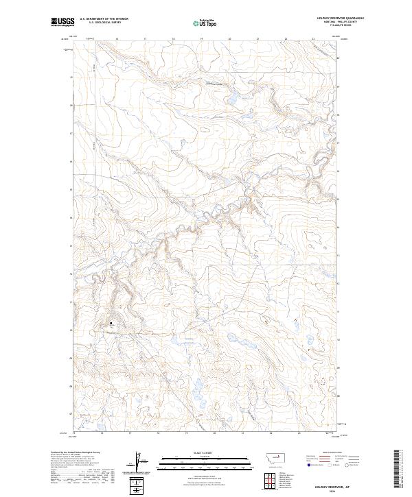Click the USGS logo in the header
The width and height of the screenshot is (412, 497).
[x=62, y=21]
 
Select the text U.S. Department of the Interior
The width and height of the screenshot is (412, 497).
[x=104, y=19]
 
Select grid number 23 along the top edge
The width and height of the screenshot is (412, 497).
[x=313, y=39]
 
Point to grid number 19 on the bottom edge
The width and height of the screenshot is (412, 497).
[x=186, y=433]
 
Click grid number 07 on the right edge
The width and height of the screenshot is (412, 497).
[x=338, y=413]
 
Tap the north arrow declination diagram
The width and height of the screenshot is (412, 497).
[x=139, y=461]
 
